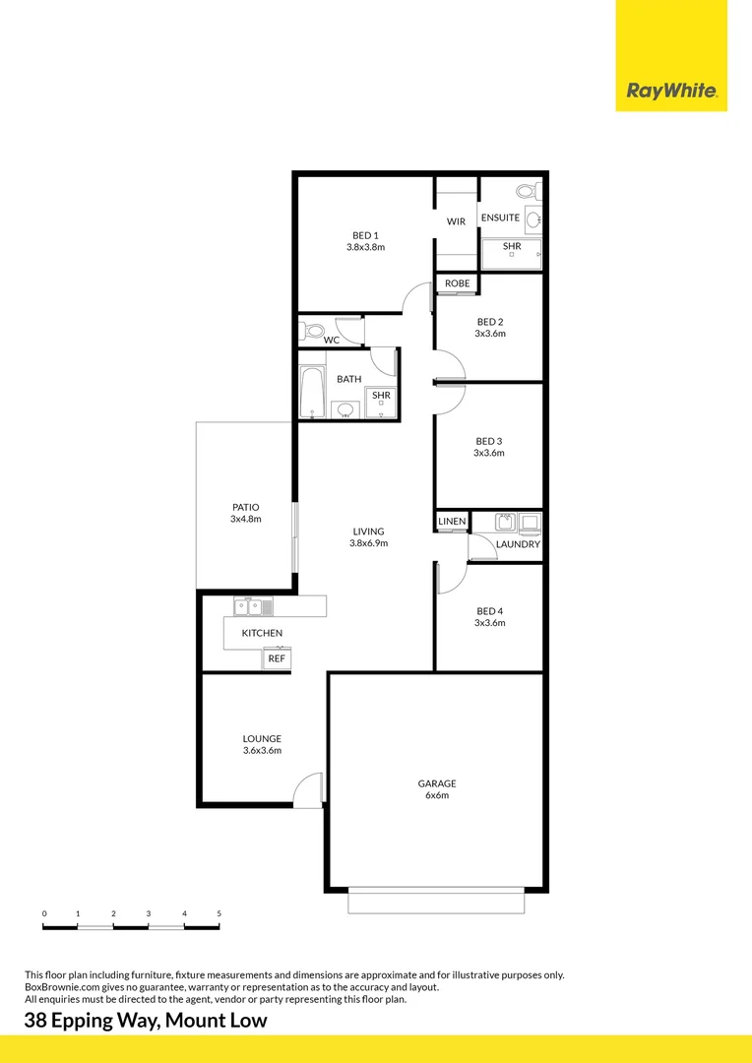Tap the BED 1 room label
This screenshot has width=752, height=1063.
click(365, 235)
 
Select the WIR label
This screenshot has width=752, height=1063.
click(456, 221)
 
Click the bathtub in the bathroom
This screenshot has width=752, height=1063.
click(313, 393)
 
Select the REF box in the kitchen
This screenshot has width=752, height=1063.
click(277, 658)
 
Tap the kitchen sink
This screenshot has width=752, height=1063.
click(247, 607)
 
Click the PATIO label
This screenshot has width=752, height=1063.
click(245, 507)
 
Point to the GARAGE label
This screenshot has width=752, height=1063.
click(436, 783)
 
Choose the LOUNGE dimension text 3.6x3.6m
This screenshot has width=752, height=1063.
click(262, 751)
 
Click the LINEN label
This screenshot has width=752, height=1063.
click(452, 521)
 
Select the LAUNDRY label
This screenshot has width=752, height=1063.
click(518, 544)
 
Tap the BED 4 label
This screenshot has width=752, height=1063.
click(489, 610)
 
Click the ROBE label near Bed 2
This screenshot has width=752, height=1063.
click(457, 283)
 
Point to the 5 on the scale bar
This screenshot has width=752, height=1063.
click(219, 914)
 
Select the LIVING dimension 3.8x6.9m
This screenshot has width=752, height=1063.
click(368, 543)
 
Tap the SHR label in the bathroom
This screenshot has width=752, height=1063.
click(381, 396)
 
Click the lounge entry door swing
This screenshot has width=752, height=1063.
click(310, 789)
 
